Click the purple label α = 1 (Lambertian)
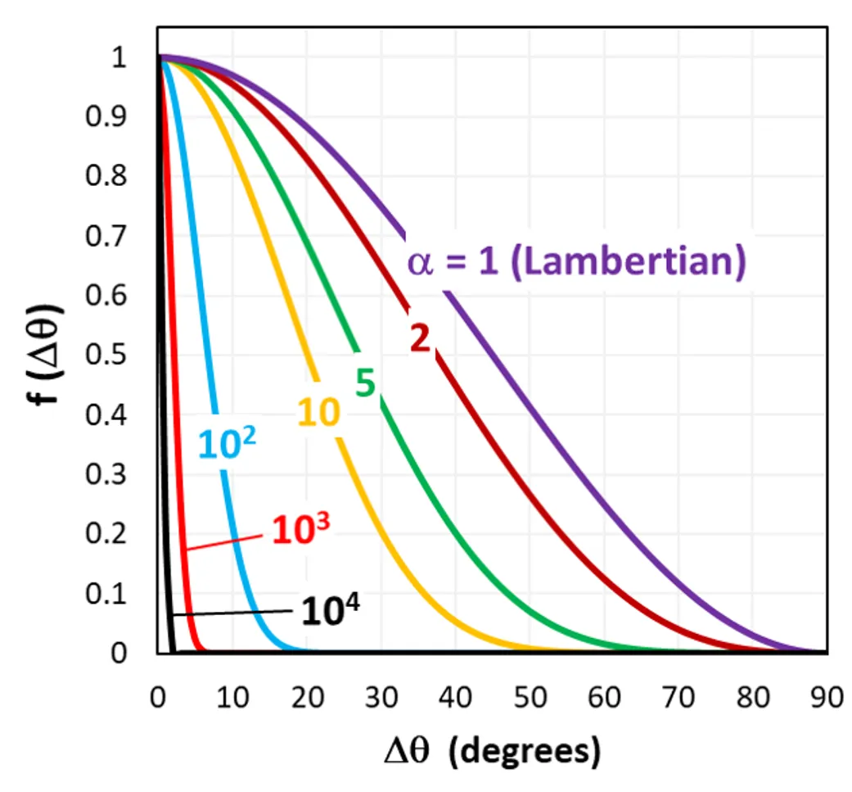point(576,264)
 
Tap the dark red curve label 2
point(420,337)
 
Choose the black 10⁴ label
point(331,610)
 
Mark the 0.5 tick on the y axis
point(101,356)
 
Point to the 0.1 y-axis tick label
point(101,594)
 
